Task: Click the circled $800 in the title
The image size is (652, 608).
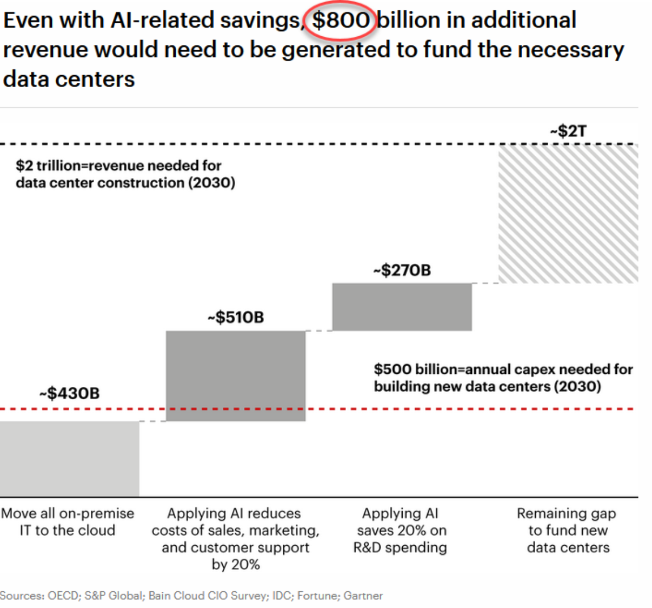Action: coord(341,21)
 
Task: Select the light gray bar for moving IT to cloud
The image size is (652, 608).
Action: coord(69,458)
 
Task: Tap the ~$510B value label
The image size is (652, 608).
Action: coord(236,317)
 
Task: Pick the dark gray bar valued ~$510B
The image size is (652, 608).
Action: coord(236,375)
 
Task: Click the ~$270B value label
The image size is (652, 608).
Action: coord(402,270)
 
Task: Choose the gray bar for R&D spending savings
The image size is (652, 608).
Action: coord(402,307)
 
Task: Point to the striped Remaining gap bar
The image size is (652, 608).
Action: coord(568,214)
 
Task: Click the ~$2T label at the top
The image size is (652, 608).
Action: coord(568,131)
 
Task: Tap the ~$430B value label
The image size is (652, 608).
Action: coord(69,393)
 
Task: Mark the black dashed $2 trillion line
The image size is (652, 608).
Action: coord(270,144)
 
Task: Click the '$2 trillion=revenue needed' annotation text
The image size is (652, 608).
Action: coord(125,174)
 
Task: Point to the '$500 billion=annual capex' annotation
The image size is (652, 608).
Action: coord(503,378)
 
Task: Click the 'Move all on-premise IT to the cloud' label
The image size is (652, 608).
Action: coord(68,521)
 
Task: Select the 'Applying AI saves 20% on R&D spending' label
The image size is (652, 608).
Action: coord(400,530)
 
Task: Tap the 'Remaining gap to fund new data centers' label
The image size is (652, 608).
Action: coord(568,530)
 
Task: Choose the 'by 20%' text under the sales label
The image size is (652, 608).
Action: coord(236,565)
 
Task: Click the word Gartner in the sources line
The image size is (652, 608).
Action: coord(363,596)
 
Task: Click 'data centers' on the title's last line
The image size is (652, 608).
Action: coord(69,80)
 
